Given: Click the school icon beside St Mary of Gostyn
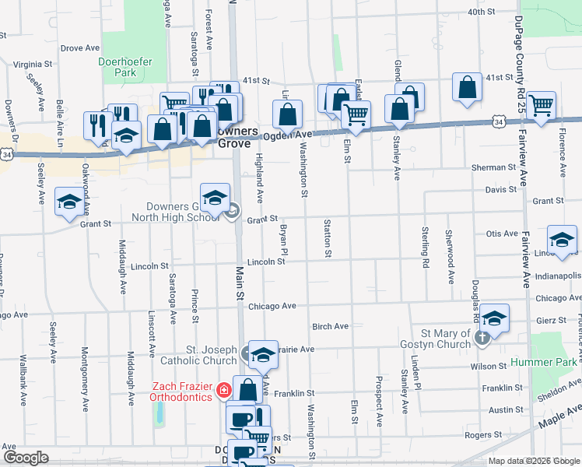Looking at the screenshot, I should coord(494,318).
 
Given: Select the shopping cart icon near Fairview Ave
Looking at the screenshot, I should coord(541,104).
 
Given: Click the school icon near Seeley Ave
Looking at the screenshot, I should coord(69,202).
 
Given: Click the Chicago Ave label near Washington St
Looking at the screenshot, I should coord(272,306).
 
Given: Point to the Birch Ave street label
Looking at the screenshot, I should coord(330,327).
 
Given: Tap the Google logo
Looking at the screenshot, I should coord(26,458).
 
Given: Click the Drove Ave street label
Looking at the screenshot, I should coord(80,48).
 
